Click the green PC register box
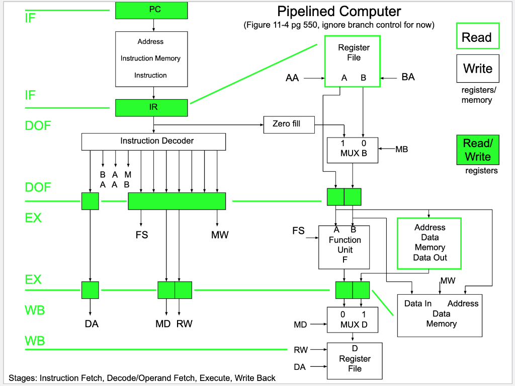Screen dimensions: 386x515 [151, 10]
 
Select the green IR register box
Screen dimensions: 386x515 [151, 107]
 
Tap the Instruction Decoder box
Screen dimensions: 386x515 [153, 141]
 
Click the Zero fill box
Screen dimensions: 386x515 [289, 124]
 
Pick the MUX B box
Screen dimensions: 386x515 [353, 150]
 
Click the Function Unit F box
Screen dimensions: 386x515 [344, 247]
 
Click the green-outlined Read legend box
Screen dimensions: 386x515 [477, 36]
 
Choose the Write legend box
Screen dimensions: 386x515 [477, 68]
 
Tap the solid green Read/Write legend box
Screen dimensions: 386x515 [477, 150]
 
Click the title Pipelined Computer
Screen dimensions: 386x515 [339, 11]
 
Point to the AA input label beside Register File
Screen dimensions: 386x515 [292, 78]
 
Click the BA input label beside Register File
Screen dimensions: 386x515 [408, 78]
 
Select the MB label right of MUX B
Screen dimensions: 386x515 [401, 149]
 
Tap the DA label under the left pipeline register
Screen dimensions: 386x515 [92, 324]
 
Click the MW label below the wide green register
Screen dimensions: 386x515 [220, 234]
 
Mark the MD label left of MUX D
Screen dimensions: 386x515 [300, 325]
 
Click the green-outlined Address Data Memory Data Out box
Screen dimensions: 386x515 [429, 243]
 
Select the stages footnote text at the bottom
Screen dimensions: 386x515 [142, 378]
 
